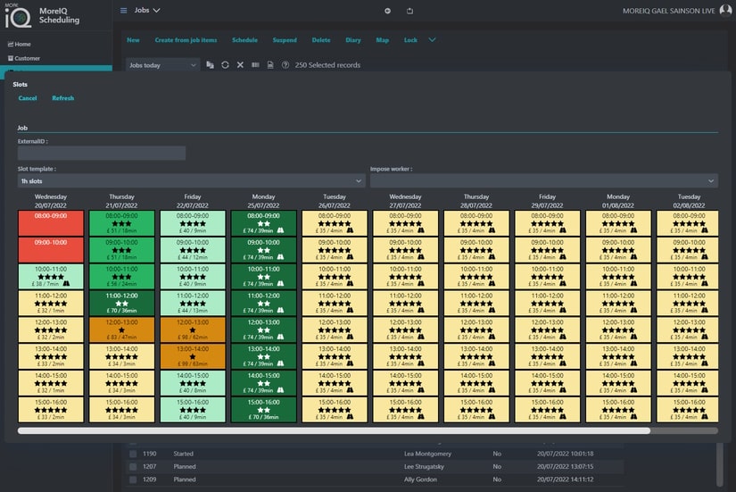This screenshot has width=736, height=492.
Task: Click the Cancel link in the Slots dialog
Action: coord(27,98)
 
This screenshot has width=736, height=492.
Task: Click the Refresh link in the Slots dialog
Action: coord(62,98)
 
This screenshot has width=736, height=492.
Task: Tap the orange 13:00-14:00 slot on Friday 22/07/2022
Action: coord(193,356)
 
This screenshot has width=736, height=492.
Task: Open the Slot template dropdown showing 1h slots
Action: coord(191,181)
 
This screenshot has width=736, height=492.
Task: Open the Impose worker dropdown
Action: coord(543,181)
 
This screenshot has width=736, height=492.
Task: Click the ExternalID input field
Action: coord(102,154)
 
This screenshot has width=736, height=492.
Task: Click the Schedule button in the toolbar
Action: coord(244,40)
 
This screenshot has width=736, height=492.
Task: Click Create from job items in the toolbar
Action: coord(186,40)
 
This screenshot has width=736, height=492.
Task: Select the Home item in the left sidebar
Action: coord(22,44)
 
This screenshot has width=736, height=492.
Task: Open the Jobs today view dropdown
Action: coord(162,65)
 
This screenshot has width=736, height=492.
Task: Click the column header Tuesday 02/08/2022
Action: coord(689,200)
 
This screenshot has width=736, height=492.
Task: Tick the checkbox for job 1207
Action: coord(133,466)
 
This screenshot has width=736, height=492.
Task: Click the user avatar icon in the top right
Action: coord(725,11)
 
